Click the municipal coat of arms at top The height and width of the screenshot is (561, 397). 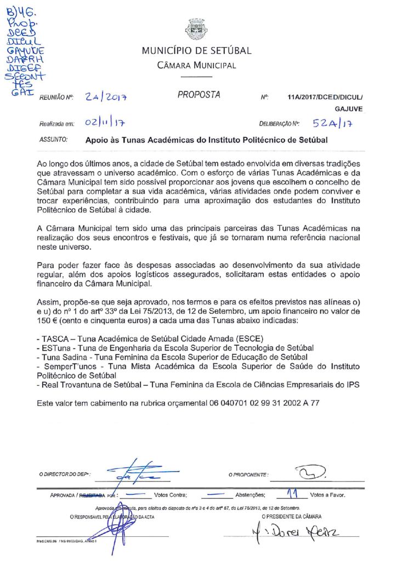coord(196,29)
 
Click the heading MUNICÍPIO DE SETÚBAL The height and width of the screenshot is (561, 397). coord(196,51)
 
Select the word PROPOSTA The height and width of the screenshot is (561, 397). coord(198,95)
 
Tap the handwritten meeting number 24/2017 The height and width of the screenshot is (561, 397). coord(106,97)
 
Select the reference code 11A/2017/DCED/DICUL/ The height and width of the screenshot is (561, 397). coord(321,97)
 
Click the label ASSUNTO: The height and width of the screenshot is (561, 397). coord(53,140)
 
